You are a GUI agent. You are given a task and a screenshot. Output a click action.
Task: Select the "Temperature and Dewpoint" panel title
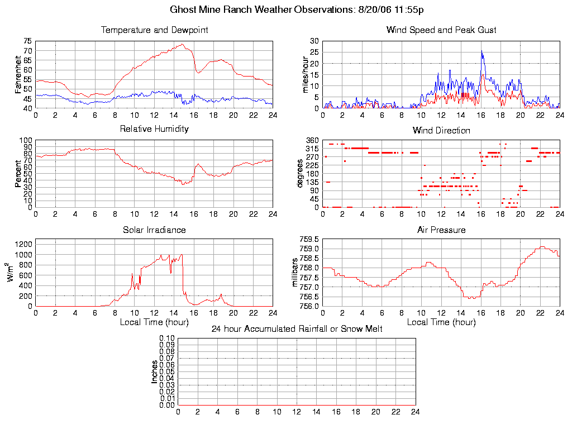click(x=154, y=30)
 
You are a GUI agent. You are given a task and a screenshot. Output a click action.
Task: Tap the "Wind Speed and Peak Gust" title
click(x=441, y=30)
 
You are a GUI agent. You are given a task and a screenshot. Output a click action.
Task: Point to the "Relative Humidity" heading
click(x=154, y=129)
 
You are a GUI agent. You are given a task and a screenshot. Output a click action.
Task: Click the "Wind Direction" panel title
click(x=441, y=130)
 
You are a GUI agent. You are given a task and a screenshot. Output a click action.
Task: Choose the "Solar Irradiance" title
click(x=154, y=230)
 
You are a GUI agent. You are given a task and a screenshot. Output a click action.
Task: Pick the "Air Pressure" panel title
click(x=441, y=230)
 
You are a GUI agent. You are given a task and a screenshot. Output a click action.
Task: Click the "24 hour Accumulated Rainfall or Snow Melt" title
click(x=297, y=329)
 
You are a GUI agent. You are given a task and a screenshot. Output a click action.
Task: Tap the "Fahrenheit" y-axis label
click(x=18, y=74)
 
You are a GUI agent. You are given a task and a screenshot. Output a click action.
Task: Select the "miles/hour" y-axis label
click(x=306, y=74)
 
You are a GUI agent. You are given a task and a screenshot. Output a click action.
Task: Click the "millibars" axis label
click(x=297, y=273)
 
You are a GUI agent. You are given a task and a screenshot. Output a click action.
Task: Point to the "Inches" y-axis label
click(x=155, y=371)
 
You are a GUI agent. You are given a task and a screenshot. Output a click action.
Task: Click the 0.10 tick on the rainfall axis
click(x=167, y=339)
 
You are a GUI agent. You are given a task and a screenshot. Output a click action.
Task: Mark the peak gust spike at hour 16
click(x=481, y=51)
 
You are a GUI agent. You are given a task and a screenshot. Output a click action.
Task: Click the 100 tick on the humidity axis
click(x=26, y=140)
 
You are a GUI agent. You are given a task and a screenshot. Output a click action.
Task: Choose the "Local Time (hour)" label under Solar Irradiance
click(x=154, y=322)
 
